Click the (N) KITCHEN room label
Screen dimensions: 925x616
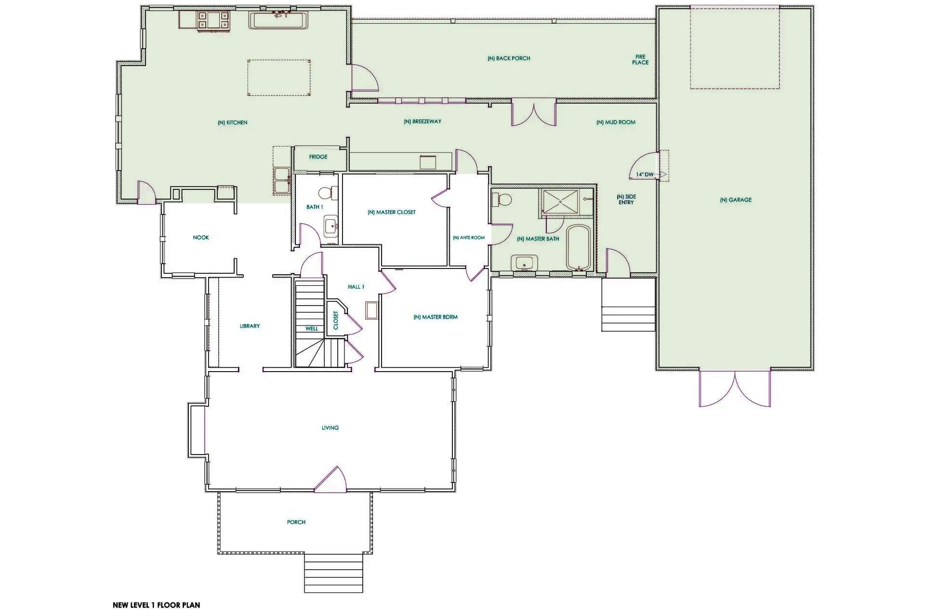pos(232,122)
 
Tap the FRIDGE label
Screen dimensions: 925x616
pos(318,157)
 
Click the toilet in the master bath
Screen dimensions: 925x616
pos(502,199)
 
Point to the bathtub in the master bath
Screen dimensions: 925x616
pos(578,248)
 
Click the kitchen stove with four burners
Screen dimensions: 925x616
pos(213,21)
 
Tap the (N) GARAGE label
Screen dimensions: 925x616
pos(736,200)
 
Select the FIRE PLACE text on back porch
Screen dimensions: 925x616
pos(640,59)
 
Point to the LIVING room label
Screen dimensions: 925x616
pos(330,428)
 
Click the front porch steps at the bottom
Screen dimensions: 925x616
pos(333,573)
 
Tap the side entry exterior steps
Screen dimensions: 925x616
pos(628,305)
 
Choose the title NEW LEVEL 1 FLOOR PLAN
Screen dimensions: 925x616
pos(156,605)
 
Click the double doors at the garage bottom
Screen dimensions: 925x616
pos(735,388)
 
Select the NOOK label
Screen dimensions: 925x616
pos(201,238)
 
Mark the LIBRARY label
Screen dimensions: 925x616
pos(250,326)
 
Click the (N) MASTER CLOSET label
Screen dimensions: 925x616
pos(391,212)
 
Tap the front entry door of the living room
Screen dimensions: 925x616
pos(330,480)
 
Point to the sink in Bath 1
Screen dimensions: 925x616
pos(330,227)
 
